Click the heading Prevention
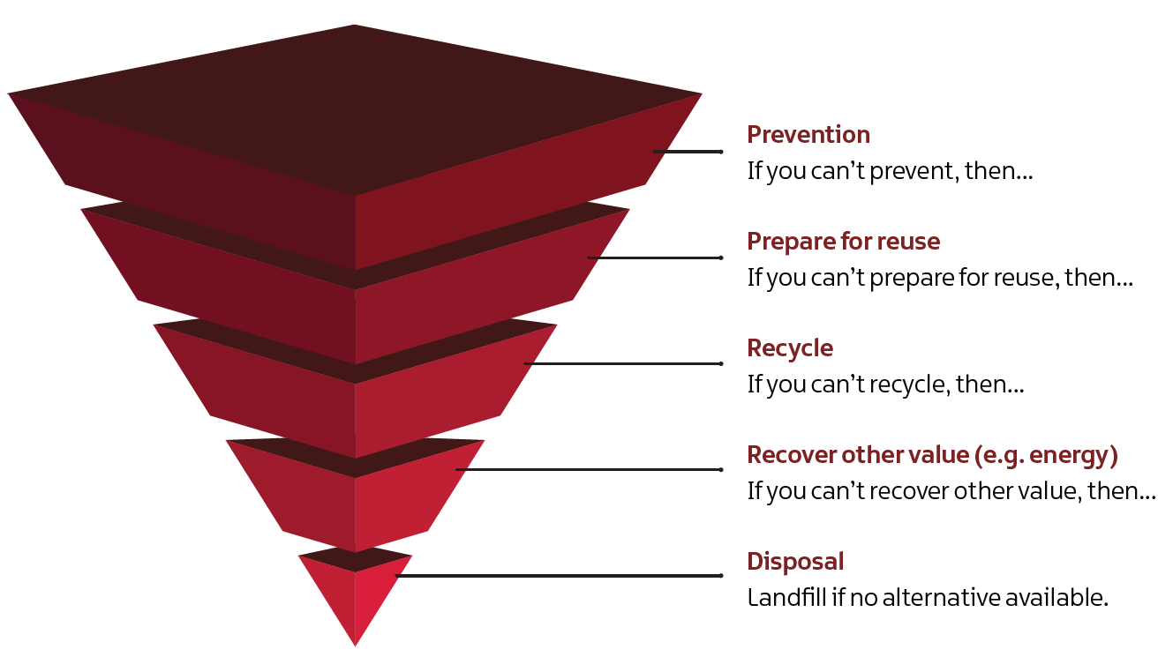coord(808,135)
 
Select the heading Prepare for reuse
coord(843,242)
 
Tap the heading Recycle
coord(789,348)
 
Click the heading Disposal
coord(795,562)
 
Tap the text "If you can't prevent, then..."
coord(890,170)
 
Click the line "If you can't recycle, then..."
coord(885,384)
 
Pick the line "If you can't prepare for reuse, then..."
coord(940,278)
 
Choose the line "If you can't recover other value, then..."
coord(951,491)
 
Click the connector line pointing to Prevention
coord(688,152)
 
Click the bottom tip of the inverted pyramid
coord(355,643)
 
